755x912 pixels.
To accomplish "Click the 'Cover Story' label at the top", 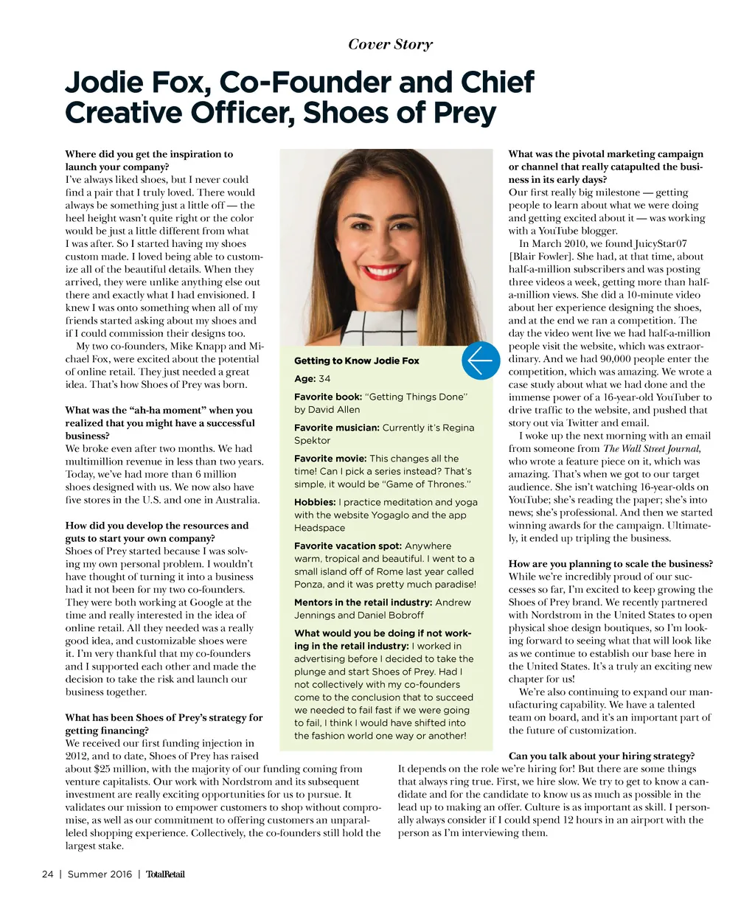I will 390,44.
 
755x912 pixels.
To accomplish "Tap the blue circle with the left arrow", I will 481,361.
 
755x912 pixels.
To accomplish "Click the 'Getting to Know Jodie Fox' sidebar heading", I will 356,361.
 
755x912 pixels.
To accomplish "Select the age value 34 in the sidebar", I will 324,378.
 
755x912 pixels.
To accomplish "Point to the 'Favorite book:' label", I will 328,397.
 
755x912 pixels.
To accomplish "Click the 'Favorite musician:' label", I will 336,428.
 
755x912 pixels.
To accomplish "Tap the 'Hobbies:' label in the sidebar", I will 315,502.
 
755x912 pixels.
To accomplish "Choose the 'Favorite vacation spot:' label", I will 347,546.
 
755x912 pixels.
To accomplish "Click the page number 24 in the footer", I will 48,874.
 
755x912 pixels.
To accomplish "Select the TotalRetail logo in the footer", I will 165,874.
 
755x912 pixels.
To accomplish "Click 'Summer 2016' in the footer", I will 100,874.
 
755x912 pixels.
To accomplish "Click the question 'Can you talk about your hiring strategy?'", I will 602,756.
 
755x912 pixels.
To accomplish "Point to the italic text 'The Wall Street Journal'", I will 651,448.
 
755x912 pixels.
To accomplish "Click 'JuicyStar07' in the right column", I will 661,243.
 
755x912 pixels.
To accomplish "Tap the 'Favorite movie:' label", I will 330,459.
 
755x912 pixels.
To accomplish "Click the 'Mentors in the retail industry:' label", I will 363,602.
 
